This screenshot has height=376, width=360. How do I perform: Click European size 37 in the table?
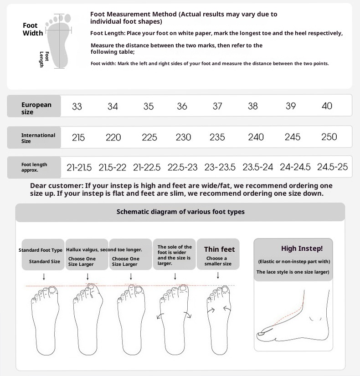click(217, 106)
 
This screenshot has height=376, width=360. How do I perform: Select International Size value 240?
click(256, 137)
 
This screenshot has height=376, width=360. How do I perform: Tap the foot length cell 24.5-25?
click(332, 167)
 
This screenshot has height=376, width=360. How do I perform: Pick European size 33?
click(77, 106)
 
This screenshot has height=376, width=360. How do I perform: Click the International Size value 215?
click(78, 137)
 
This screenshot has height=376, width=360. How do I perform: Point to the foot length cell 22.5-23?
click(182, 167)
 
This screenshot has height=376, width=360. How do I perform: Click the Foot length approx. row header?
click(34, 167)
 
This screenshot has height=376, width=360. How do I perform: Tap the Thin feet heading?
click(219, 249)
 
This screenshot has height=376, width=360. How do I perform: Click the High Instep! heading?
click(302, 249)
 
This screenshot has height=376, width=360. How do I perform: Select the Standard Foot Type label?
click(41, 250)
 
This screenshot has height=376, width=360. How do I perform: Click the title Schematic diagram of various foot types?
click(180, 212)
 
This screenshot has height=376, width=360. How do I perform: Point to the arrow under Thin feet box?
click(218, 275)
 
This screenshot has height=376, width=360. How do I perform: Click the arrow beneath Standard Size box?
click(44, 277)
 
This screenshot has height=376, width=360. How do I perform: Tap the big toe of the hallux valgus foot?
click(91, 289)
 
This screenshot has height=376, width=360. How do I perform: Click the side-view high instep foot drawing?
click(293, 316)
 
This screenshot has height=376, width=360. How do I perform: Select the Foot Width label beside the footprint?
click(33, 29)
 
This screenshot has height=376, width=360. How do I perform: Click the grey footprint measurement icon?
click(59, 41)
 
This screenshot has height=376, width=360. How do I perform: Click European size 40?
click(327, 106)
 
